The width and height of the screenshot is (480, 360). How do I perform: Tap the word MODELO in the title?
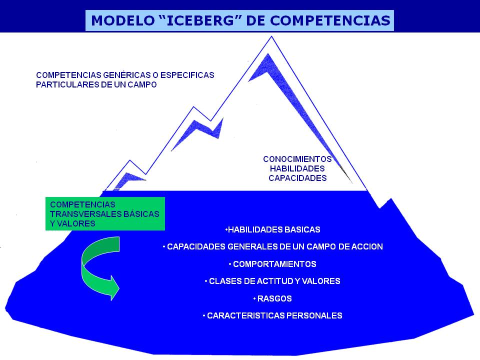point(123,20)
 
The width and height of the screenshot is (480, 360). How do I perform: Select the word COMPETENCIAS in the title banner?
point(330,20)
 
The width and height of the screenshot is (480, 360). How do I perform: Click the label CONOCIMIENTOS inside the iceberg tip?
point(297,159)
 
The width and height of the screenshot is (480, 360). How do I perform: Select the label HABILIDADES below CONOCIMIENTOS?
point(297,168)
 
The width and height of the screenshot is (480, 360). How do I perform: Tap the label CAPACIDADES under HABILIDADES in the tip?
point(297,178)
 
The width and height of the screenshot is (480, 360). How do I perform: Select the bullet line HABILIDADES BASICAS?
point(273,229)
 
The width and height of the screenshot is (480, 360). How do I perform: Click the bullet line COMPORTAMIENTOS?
point(272,264)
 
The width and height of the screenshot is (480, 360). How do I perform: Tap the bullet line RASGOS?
point(272,298)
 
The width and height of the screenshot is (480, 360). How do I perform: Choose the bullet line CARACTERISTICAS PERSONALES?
point(272,315)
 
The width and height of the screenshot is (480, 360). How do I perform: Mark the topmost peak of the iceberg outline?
point(271,36)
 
